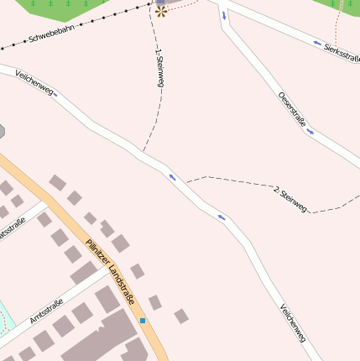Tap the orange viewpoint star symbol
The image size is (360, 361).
pyautogui.click(x=161, y=11)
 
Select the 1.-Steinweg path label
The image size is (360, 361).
pyautogui.click(x=159, y=69)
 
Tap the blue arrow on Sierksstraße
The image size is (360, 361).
pyautogui.click(x=317, y=44)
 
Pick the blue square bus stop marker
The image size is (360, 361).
pyautogui.click(x=143, y=321)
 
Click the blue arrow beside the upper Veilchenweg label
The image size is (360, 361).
pyautogui.click(x=55, y=94)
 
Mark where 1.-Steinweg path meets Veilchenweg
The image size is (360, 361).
pyautogui.click(x=143, y=154)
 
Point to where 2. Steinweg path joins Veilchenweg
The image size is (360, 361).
pyautogui.click(x=186, y=182)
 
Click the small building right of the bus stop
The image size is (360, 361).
pyautogui.click(x=180, y=316)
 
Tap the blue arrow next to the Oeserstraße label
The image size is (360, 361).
pyautogui.click(x=310, y=131)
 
